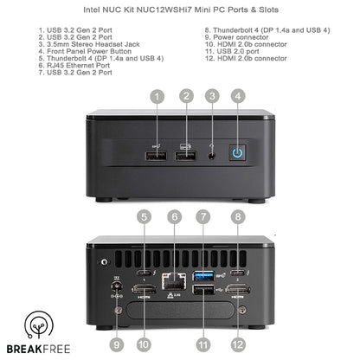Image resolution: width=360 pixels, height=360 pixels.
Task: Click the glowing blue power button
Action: [237, 152]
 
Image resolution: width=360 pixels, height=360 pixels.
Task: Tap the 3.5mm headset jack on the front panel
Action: [212, 156]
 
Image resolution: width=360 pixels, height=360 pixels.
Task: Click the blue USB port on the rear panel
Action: [203, 276]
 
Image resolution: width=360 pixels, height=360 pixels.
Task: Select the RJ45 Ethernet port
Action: [174, 281]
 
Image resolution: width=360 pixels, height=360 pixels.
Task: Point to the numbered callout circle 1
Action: [157, 96]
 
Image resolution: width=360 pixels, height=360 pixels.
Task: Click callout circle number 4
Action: [238, 96]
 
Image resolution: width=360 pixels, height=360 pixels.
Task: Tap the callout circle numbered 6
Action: [174, 217]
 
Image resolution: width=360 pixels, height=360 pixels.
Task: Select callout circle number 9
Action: [117, 344]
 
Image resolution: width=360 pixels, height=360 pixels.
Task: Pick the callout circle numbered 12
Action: [238, 344]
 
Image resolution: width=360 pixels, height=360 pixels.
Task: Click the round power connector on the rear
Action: [117, 286]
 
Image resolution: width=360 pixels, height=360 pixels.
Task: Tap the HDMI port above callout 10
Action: [144, 289]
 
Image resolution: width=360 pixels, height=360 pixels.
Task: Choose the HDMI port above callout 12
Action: [238, 289]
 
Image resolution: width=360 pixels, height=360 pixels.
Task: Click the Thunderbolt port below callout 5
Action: [145, 273]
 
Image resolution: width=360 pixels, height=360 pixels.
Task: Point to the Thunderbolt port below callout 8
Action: [238, 273]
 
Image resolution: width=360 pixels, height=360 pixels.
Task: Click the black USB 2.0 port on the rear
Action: [203, 290]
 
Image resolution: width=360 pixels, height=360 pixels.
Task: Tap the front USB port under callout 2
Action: [186, 156]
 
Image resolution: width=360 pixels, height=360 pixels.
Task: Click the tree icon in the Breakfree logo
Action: [39, 325]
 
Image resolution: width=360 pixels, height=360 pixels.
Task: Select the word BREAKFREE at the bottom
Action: [38, 349]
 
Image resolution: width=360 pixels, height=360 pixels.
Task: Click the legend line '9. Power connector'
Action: [236, 37]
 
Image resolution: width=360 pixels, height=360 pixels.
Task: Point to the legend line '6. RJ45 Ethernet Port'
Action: [74, 65]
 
